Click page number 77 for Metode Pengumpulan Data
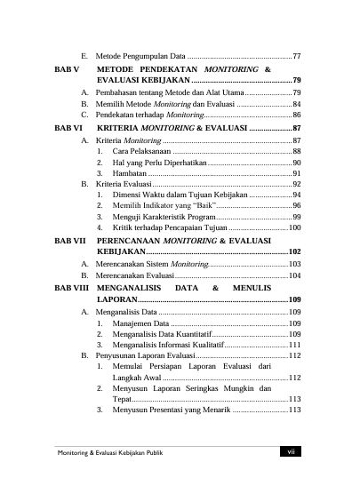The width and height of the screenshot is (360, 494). tap(296, 56)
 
